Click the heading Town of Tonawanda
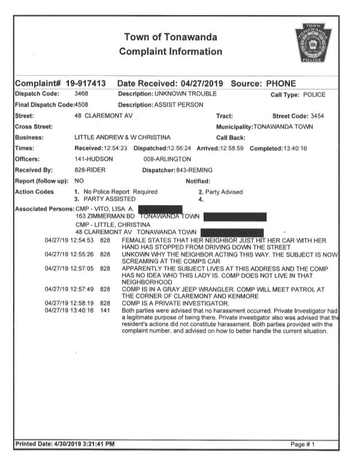171,37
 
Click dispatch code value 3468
81,94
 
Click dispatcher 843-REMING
193,170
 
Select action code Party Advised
223,192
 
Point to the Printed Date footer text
64,444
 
